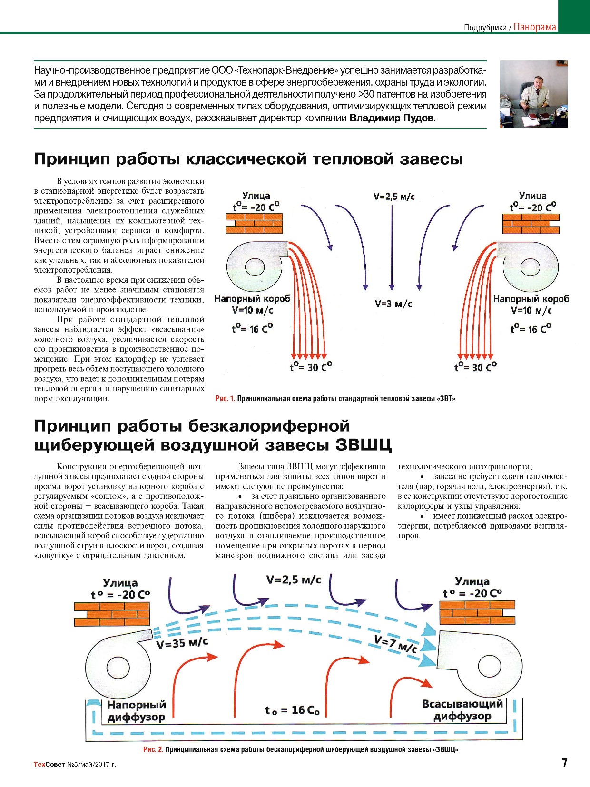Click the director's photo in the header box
[x=533, y=94]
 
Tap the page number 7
[x=564, y=763]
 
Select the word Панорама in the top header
[x=535, y=27]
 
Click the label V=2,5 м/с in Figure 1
[x=393, y=196]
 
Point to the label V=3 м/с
[x=393, y=304]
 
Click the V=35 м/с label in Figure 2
[x=182, y=643]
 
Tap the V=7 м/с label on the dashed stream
[x=395, y=644]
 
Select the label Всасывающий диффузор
[x=462, y=710]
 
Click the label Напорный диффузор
[x=136, y=711]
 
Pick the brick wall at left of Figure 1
[x=254, y=223]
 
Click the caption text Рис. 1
[x=225, y=398]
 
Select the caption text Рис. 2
[x=153, y=749]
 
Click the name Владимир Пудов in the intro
[x=392, y=118]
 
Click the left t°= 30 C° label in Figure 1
[x=311, y=367]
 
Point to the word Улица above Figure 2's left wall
[x=120, y=583]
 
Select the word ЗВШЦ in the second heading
[x=363, y=445]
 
